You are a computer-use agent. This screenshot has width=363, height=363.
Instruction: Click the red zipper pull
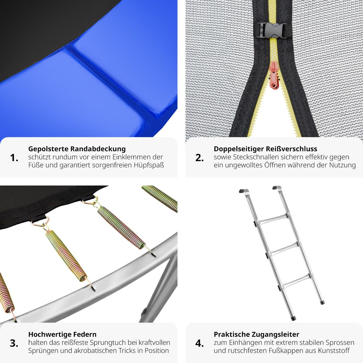click(274, 75)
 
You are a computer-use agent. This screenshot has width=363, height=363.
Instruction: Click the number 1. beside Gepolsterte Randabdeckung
click(14, 158)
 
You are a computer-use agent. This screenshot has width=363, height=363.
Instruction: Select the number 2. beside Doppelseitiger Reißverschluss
click(199, 158)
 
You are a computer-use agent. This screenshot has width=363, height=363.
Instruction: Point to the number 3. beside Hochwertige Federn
click(14, 343)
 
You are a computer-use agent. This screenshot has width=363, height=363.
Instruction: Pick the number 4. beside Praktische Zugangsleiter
click(199, 343)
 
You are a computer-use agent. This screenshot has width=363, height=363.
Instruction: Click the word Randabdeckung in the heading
click(98, 149)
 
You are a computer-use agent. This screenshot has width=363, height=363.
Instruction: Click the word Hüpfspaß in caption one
click(149, 165)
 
